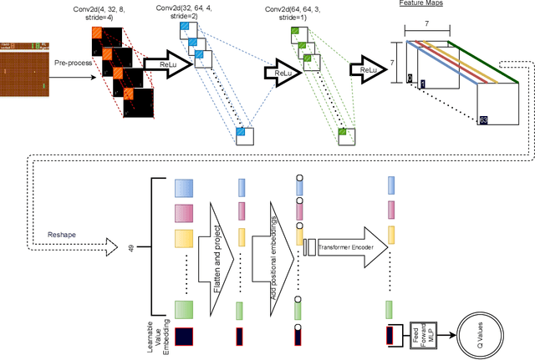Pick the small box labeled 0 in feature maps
point(410,78)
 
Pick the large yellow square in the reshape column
point(184,239)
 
